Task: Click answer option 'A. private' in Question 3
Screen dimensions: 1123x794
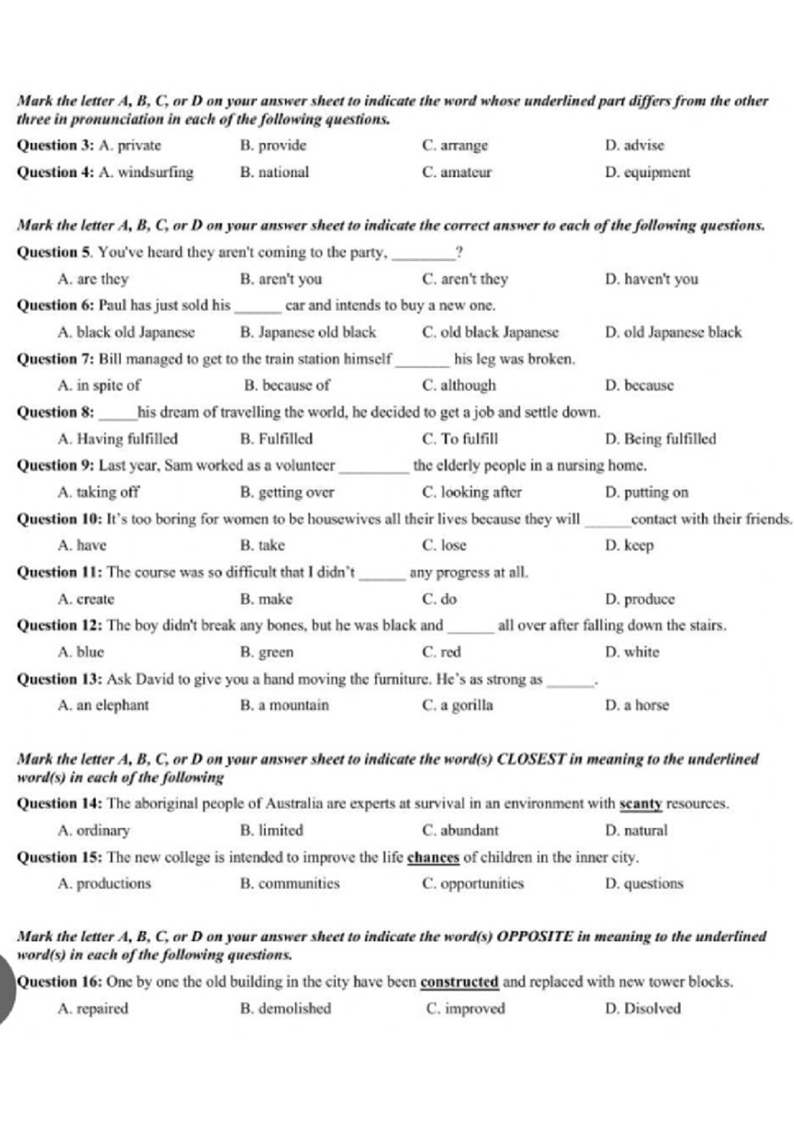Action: pos(130,146)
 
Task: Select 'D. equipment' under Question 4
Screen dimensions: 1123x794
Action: pos(647,173)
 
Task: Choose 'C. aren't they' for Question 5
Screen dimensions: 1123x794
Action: pos(464,279)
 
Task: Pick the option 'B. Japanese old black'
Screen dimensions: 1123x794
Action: pos(308,332)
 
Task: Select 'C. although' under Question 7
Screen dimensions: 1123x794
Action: pos(459,386)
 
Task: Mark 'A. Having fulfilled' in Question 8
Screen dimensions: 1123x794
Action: pos(118,439)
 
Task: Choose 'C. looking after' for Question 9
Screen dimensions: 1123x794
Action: pos(472,493)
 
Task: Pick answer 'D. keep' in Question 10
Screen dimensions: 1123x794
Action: pos(629,546)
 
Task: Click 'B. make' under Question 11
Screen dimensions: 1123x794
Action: pos(266,599)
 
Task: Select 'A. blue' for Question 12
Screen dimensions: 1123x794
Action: pos(81,652)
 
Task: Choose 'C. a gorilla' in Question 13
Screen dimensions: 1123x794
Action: pos(457,706)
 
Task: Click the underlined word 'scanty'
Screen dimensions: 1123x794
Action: pos(640,804)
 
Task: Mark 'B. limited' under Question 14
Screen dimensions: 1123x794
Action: pos(271,831)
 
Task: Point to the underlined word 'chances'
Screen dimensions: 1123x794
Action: pos(433,858)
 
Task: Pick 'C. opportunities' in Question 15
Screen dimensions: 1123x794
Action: pos(472,884)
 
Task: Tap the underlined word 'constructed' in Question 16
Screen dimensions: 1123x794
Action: pos(459,982)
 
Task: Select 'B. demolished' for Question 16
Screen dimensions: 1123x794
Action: pos(285,1009)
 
